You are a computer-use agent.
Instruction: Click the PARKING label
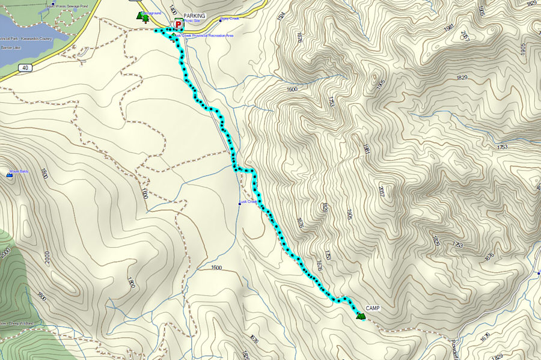(x=194, y=16)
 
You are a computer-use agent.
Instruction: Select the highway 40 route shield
(x=24, y=68)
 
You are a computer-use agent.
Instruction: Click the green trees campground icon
(x=143, y=17)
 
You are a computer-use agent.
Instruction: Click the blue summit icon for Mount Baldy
(x=10, y=174)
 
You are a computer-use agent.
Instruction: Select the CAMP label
(x=373, y=308)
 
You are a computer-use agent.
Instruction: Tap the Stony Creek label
(x=229, y=19)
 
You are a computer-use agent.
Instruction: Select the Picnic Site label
(x=192, y=21)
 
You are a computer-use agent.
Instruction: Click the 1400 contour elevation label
(x=173, y=10)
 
